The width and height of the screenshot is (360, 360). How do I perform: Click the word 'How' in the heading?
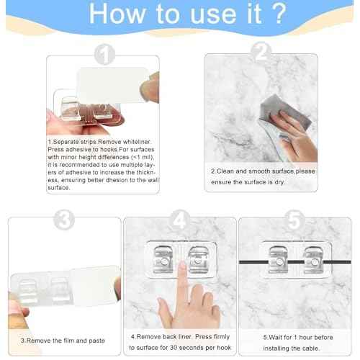[x=117, y=14]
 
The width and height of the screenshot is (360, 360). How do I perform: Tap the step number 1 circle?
[x=104, y=54]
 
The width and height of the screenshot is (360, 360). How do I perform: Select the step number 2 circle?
[x=261, y=52]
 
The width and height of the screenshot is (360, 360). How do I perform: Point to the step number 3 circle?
[x=64, y=220]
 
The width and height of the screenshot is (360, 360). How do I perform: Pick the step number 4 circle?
[x=179, y=220]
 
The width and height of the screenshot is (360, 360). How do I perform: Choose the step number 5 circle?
[x=294, y=220]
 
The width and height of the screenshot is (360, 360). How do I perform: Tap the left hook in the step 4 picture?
[x=163, y=260]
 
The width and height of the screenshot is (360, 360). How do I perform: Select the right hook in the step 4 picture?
[x=198, y=260]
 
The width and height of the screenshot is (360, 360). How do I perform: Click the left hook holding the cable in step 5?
[x=279, y=260]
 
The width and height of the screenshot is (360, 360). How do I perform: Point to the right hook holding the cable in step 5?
[x=313, y=260]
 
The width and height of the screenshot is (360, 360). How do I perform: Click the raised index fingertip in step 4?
[x=182, y=265]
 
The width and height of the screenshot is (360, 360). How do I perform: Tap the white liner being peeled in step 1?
[x=112, y=85]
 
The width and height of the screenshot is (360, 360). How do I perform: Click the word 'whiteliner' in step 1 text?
[x=137, y=142]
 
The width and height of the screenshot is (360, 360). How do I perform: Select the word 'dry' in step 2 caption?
[x=279, y=182]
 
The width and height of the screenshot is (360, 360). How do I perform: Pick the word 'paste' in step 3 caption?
[x=96, y=341]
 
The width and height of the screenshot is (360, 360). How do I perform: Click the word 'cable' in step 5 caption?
[x=312, y=348]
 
